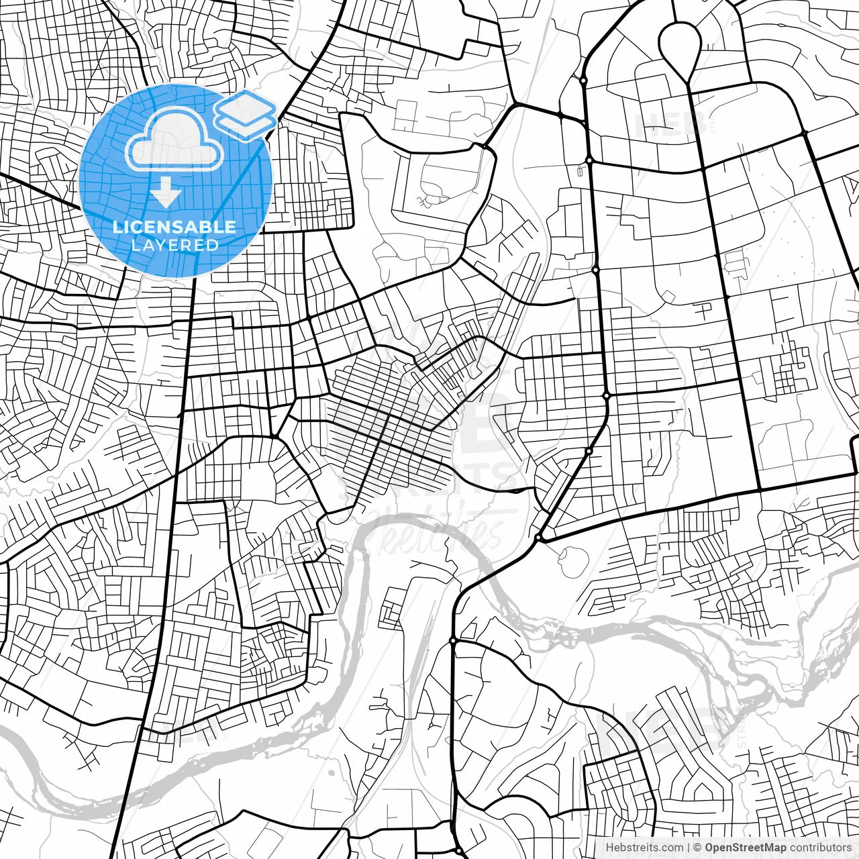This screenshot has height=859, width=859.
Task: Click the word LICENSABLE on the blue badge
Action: point(174,227)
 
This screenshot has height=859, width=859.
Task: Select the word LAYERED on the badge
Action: point(174,245)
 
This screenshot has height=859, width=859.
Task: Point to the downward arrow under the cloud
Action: point(166,193)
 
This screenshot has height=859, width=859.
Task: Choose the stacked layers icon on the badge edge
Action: point(245,114)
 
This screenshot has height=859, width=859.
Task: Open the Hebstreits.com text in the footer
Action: point(645,848)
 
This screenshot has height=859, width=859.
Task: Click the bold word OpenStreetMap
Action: point(745,848)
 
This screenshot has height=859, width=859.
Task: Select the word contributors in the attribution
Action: point(821,848)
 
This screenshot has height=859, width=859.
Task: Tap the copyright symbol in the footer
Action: point(697,848)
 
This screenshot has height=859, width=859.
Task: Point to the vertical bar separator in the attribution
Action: point(689,848)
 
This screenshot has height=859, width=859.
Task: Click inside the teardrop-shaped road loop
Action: point(680,44)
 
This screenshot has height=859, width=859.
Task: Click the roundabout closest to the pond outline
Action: point(538,538)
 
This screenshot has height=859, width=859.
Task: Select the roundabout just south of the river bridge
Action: point(453,641)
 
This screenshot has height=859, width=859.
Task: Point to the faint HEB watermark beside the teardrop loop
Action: point(661,124)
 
